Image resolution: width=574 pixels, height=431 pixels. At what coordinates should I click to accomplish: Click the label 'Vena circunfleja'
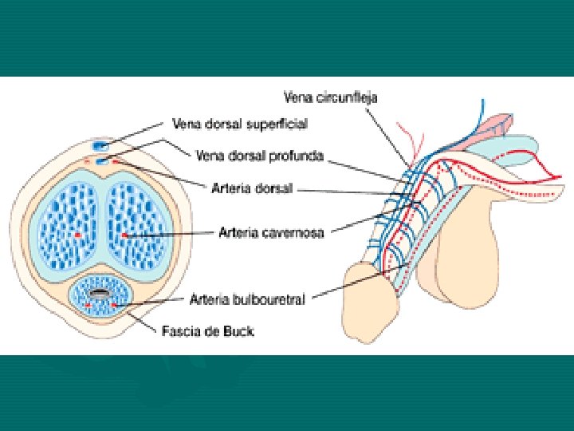click(331, 97)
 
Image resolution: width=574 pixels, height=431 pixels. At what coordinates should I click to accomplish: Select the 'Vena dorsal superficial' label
click(240, 124)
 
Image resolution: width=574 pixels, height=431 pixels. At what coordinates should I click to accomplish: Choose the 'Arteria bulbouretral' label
click(246, 300)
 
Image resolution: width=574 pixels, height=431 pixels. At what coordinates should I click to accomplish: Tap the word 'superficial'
click(280, 124)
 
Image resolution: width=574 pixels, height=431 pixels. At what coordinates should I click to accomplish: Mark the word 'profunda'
click(296, 156)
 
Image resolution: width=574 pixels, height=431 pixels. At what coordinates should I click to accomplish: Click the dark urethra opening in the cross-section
click(100, 295)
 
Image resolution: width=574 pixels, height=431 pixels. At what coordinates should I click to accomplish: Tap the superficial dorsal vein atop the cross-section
click(100, 146)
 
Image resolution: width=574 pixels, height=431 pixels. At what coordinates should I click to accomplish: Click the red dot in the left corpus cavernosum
click(77, 235)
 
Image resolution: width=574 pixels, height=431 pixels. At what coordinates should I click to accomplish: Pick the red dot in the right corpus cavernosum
click(124, 235)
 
